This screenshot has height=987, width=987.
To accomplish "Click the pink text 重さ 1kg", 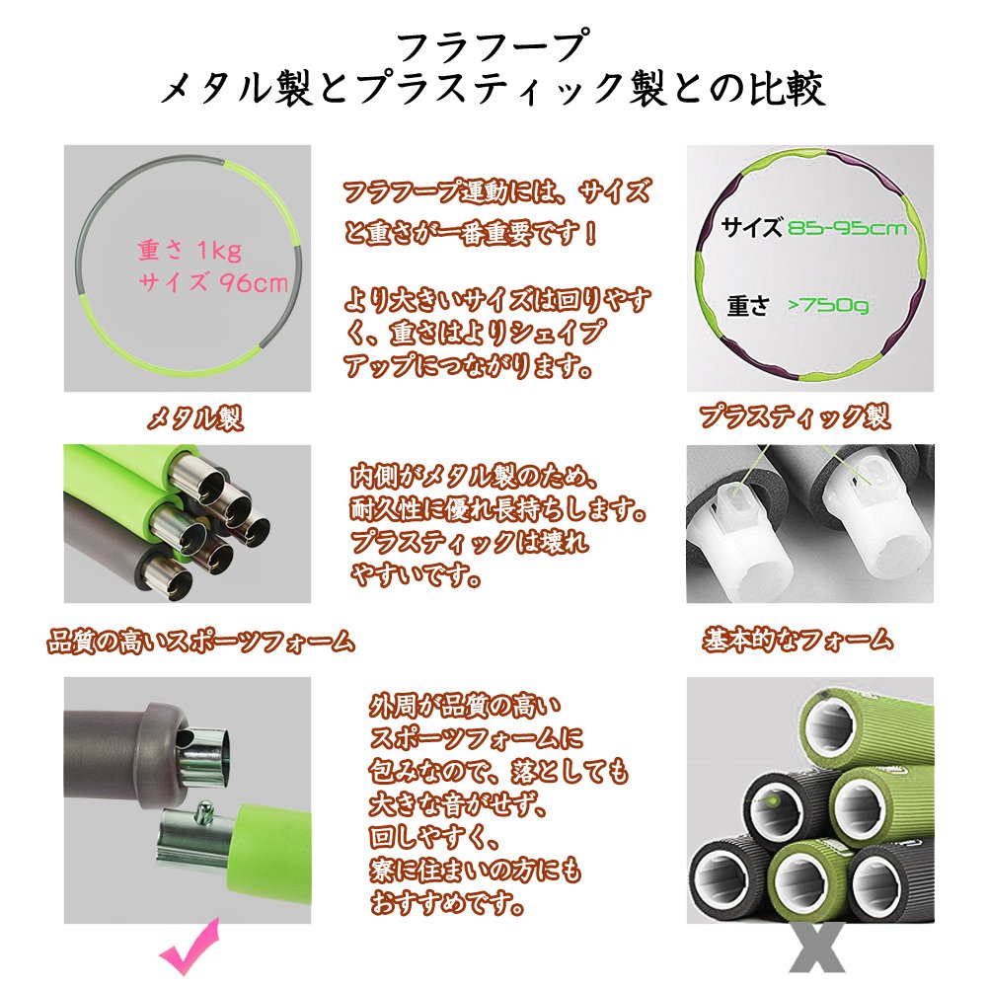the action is pos(190,251).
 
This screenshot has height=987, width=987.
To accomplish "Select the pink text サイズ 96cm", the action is pos(213,282).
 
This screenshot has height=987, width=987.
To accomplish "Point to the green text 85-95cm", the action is pos(847,228).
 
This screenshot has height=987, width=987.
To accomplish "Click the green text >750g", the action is pos(828,305).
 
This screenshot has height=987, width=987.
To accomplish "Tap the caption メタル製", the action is pos(194,418).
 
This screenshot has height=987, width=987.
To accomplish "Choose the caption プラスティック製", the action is pos(795,417).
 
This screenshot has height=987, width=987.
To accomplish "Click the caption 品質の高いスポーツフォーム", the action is pos(200,643).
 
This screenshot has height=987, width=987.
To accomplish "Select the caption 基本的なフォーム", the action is pos(797,641).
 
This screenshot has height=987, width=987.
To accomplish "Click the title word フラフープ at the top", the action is pos(493,47).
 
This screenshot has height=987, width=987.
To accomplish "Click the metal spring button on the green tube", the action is pos(203,812).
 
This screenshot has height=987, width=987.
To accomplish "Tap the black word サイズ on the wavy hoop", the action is pos(752,227).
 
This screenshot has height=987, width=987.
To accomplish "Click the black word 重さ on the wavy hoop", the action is pos(748,306).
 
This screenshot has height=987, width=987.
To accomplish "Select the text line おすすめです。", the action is pos(447,904).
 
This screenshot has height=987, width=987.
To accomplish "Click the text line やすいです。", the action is pos(417,574).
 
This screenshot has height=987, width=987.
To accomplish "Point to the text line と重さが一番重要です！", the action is pos(470,233).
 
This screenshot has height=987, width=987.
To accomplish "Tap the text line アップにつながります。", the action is pos(468,364).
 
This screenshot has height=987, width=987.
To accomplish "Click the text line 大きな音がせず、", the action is pos(458,804).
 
